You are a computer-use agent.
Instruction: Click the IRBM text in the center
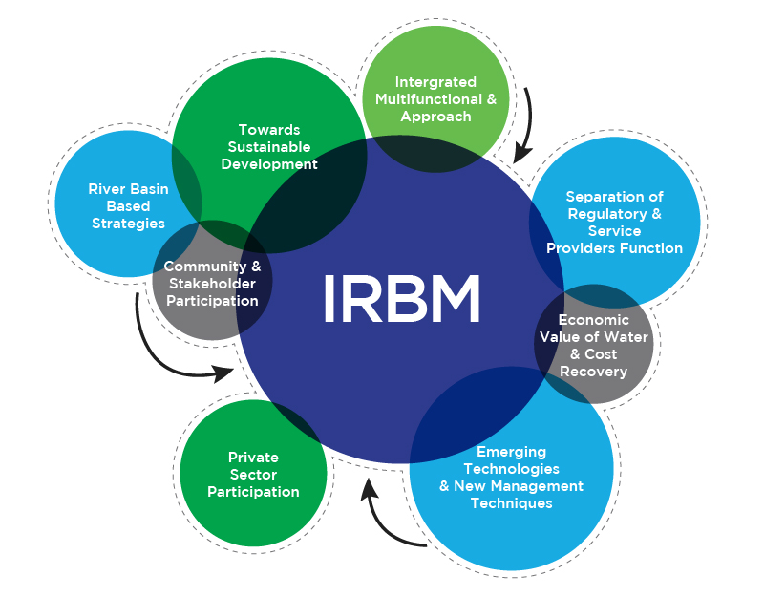[401, 297]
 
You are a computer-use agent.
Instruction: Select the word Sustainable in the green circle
[268, 147]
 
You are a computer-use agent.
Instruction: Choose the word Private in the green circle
[253, 458]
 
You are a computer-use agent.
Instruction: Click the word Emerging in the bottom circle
[511, 452]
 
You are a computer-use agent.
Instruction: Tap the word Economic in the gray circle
[593, 320]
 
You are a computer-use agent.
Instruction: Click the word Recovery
[593, 372]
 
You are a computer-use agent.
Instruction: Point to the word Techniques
[511, 503]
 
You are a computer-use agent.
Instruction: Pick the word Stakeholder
[210, 284]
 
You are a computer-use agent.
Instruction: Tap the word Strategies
[128, 224]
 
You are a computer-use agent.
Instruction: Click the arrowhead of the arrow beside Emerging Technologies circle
[368, 490]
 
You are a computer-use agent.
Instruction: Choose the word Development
[269, 164]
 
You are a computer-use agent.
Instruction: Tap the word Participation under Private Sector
[253, 492]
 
